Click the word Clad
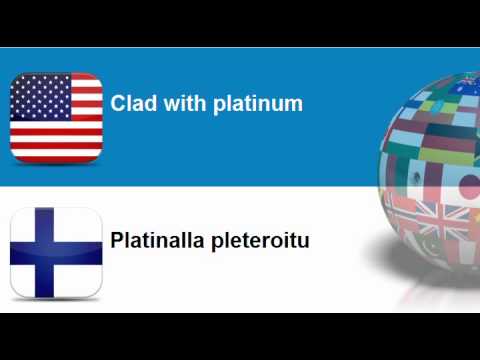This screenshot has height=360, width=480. coord(129,103)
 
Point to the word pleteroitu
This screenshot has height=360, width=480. coord(260,242)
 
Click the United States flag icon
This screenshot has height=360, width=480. coord(56,116)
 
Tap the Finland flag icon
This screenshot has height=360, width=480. coord(56,253)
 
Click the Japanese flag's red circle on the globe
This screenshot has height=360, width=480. coord(467,187)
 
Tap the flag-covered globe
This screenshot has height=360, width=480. coord(435,180)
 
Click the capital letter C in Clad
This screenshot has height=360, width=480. coord(117,103)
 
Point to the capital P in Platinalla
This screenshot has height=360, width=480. coord(117,241)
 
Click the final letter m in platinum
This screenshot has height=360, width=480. coord(294,104)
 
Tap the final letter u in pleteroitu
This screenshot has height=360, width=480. coord(304,242)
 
